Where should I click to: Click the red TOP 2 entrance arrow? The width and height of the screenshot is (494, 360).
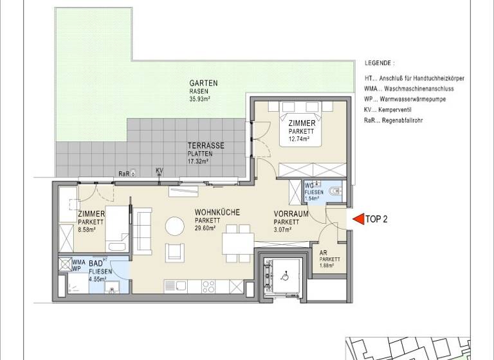pos(356,219)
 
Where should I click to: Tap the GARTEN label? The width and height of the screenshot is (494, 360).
pos(203,83)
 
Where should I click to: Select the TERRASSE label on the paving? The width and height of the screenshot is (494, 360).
pos(206,146)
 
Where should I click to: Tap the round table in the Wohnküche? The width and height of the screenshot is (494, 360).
pos(174,226)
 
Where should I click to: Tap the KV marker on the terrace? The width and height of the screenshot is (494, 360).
pos(159,170)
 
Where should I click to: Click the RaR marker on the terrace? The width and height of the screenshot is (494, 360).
pos(123,174)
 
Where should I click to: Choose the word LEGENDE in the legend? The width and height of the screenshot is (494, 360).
pos(379,64)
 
